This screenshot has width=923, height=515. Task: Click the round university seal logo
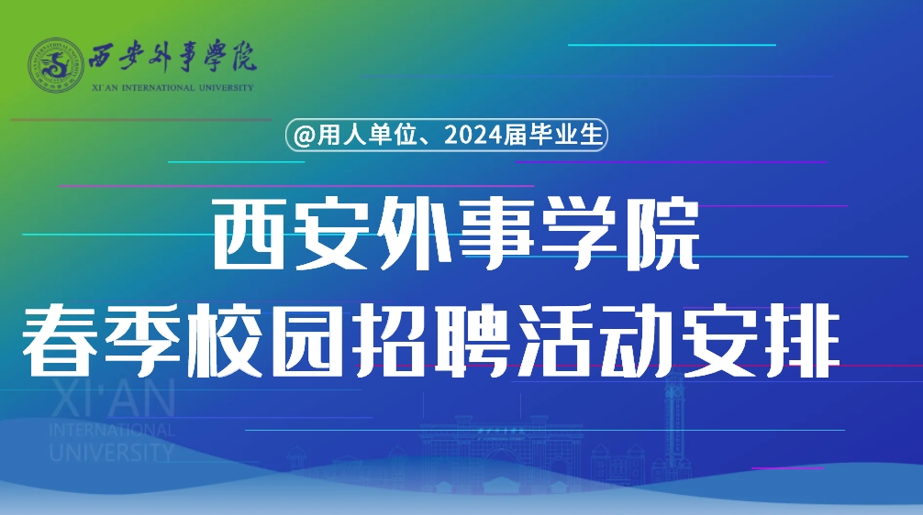coord(57,65)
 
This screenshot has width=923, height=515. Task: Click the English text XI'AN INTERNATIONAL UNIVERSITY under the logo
coord(172,88)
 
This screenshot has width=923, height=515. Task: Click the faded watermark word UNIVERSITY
coord(112,452)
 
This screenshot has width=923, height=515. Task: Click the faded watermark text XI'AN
coord(113,398)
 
